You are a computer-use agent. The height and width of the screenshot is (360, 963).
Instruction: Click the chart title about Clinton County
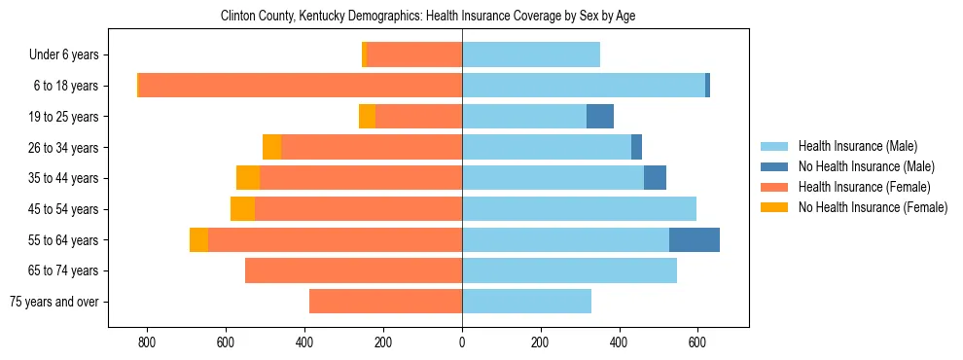(428, 17)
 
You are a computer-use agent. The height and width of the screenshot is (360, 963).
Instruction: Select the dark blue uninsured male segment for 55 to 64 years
(695, 239)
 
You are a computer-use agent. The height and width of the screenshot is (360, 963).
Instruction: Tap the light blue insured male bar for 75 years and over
(526, 302)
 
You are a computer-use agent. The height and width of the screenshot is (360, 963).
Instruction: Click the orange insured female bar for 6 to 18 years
(301, 86)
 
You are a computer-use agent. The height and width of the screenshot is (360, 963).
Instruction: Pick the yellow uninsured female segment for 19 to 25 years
(367, 117)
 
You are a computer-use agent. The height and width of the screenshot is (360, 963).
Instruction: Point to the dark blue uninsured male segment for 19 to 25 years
(600, 117)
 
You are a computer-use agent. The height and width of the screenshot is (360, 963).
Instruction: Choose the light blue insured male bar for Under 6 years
(531, 54)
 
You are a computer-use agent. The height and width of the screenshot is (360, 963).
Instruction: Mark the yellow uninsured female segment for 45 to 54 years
(242, 209)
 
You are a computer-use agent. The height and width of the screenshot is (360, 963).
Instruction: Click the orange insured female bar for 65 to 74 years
(353, 270)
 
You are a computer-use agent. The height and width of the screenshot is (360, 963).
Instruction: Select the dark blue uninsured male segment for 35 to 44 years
(655, 178)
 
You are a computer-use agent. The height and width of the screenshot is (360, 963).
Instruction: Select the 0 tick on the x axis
(462, 342)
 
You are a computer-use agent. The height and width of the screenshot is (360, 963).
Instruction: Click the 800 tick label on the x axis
(147, 342)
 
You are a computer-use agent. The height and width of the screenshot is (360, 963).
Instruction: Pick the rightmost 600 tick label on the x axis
(697, 342)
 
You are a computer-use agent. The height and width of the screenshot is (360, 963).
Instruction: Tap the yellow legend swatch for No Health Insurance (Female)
(775, 207)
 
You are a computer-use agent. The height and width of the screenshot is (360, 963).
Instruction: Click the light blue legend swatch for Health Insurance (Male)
(775, 146)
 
